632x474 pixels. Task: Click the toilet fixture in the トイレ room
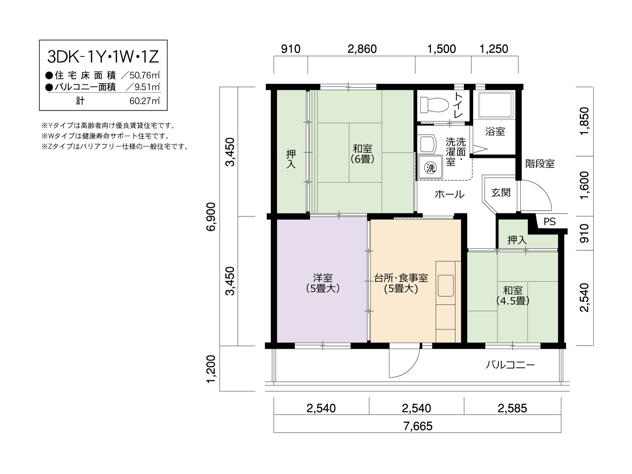434,105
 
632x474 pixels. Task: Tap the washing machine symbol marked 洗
431,167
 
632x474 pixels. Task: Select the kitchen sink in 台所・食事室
445,286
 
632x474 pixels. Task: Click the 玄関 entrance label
501,193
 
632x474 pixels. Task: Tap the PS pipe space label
549,222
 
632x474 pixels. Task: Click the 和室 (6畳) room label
362,154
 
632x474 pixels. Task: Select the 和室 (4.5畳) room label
513,295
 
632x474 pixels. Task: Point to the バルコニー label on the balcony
510,365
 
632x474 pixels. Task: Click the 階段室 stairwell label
540,164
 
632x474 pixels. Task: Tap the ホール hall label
449,194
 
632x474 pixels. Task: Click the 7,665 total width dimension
418,426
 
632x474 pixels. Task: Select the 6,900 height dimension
211,217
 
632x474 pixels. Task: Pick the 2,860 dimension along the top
362,49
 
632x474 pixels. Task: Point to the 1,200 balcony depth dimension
211,369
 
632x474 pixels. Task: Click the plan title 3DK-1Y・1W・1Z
103,57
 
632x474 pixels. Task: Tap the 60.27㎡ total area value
145,101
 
